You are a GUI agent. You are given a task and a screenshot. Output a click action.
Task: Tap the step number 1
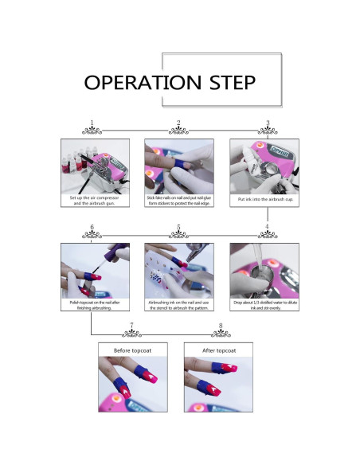[x=93, y=123]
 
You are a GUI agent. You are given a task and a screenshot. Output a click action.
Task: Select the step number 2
[x=179, y=123]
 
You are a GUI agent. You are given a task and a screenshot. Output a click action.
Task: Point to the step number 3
[x=268, y=123]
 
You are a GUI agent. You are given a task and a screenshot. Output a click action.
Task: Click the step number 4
[x=268, y=228]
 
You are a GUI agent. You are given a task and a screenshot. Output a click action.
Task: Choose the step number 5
[x=179, y=228]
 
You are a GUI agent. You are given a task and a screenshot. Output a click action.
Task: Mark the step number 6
[x=93, y=228]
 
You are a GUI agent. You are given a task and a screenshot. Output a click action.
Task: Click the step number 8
[x=220, y=326]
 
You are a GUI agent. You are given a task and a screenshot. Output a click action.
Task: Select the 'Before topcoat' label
[x=132, y=350]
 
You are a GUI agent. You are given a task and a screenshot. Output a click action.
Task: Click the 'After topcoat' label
[x=218, y=350]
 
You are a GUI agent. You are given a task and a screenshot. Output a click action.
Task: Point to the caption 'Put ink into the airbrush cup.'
[x=264, y=198]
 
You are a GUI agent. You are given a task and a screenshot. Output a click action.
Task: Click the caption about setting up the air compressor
[x=93, y=201]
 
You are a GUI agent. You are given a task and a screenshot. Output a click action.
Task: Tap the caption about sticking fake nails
[x=179, y=201]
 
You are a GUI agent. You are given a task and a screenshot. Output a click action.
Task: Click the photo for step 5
[x=179, y=270]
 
